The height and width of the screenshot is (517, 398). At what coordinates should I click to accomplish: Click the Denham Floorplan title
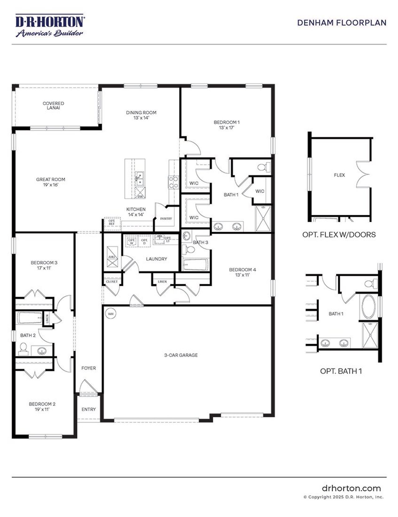[x=341, y=23]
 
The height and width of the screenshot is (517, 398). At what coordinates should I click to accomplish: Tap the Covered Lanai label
[x=53, y=105]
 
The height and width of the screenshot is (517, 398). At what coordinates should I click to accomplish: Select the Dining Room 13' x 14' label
[x=141, y=115]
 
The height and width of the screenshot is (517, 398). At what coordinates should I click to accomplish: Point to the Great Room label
[x=51, y=182]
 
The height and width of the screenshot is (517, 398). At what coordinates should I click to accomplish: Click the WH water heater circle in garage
[x=111, y=314]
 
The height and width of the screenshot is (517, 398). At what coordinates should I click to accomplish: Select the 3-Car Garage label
[x=181, y=355]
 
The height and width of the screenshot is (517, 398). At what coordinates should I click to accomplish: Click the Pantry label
[x=166, y=219]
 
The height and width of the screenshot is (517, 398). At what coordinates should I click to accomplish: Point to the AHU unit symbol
[x=112, y=257]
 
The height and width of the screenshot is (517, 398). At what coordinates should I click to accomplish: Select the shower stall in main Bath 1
[x=263, y=218]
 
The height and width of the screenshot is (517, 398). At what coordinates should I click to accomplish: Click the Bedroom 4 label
[x=242, y=272]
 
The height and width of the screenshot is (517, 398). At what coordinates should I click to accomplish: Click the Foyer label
[x=89, y=368]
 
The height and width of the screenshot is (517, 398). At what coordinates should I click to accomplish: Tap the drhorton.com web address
[x=351, y=488]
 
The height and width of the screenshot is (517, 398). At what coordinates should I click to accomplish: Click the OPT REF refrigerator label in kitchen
[x=112, y=222]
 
